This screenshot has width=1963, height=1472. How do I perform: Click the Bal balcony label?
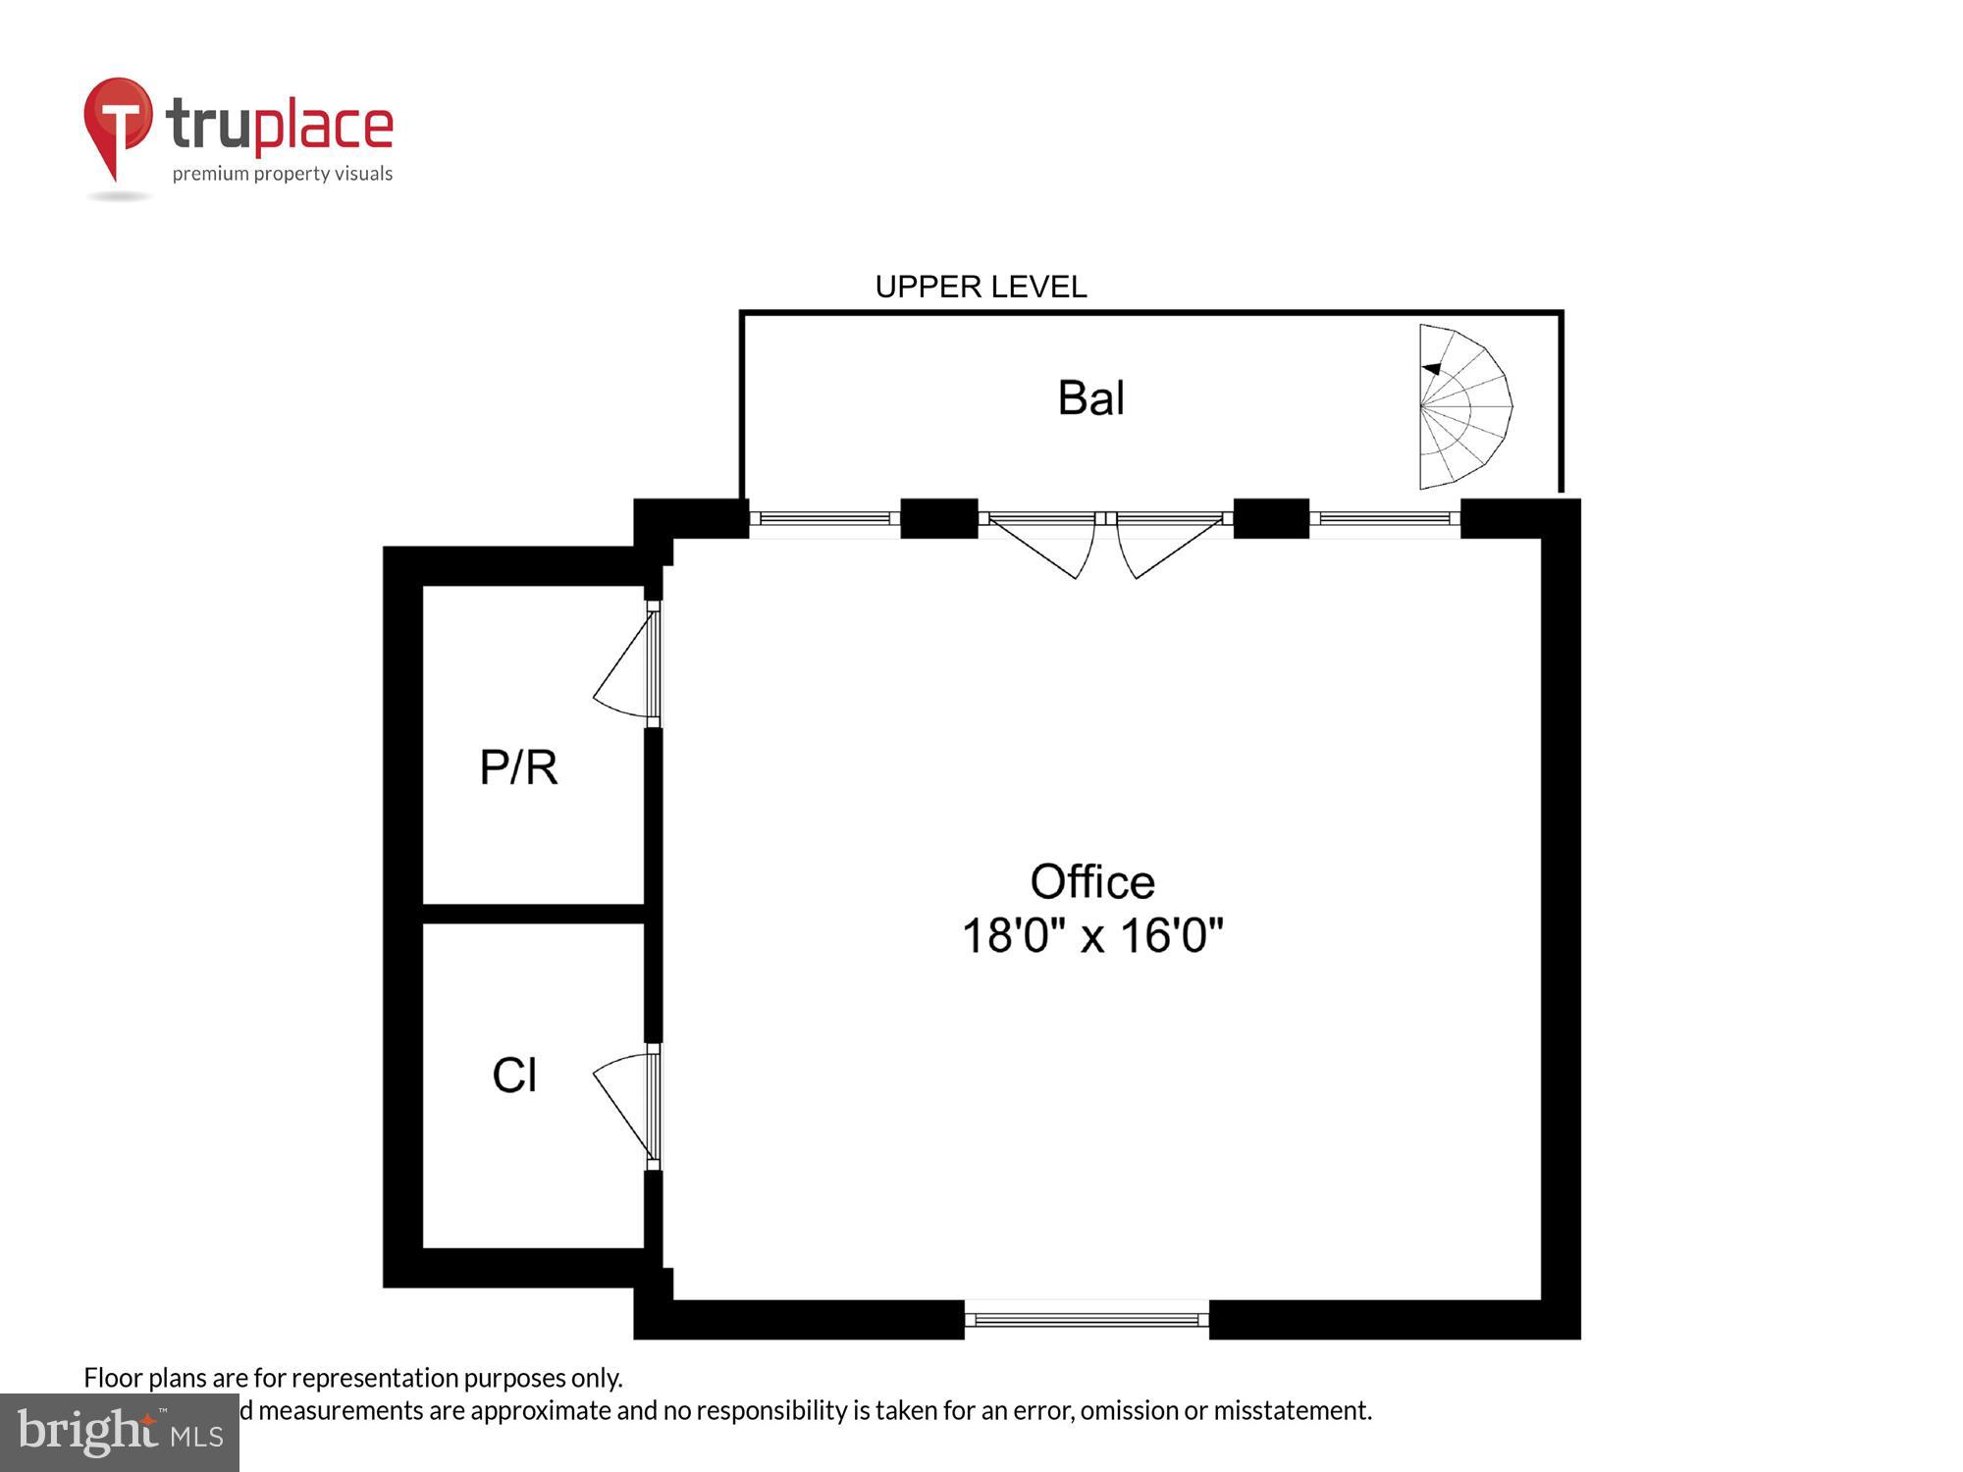[1090, 398]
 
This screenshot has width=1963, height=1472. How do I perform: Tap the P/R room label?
[518, 767]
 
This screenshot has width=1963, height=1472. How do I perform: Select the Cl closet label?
[514, 1076]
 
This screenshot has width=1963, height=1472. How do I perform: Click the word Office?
[1091, 881]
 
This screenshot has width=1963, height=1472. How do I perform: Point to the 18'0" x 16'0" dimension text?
[1091, 935]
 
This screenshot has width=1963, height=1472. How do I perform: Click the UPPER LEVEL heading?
[981, 287]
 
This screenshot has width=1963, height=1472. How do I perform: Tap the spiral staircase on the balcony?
[1462, 406]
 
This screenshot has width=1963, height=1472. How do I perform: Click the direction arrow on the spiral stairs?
[1432, 369]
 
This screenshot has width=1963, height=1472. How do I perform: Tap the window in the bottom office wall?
[1087, 1320]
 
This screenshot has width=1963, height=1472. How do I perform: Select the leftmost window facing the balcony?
[824, 518]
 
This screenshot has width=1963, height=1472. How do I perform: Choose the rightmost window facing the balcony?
[1384, 518]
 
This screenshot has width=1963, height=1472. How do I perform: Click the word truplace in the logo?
[280, 126]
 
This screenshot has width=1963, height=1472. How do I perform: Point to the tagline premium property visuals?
[283, 175]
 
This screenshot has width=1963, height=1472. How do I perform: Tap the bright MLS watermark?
[120, 1433]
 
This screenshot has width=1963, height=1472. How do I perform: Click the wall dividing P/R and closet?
[533, 914]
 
